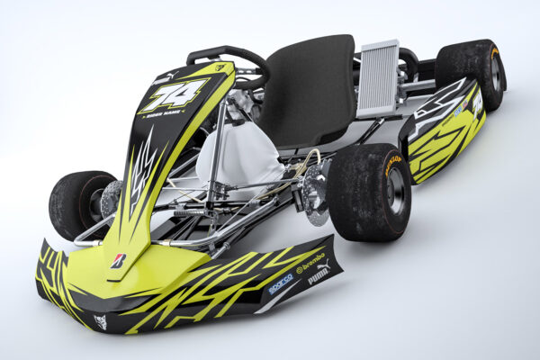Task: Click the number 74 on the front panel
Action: (173, 94)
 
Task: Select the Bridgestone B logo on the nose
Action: (118, 260)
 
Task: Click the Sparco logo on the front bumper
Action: (281, 284)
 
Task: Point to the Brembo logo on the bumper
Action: (310, 264)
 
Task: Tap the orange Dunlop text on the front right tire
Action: (393, 165)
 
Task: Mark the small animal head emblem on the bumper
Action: (100, 321)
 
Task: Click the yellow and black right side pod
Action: (445, 135)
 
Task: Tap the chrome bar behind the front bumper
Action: (180, 240)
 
